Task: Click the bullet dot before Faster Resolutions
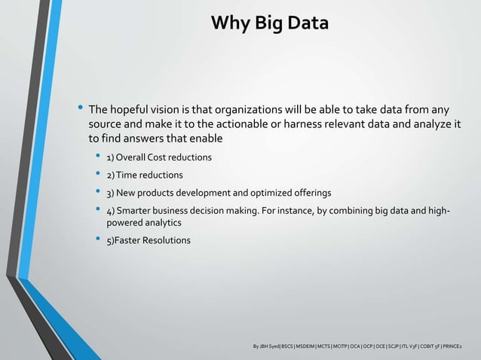click(x=96, y=240)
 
